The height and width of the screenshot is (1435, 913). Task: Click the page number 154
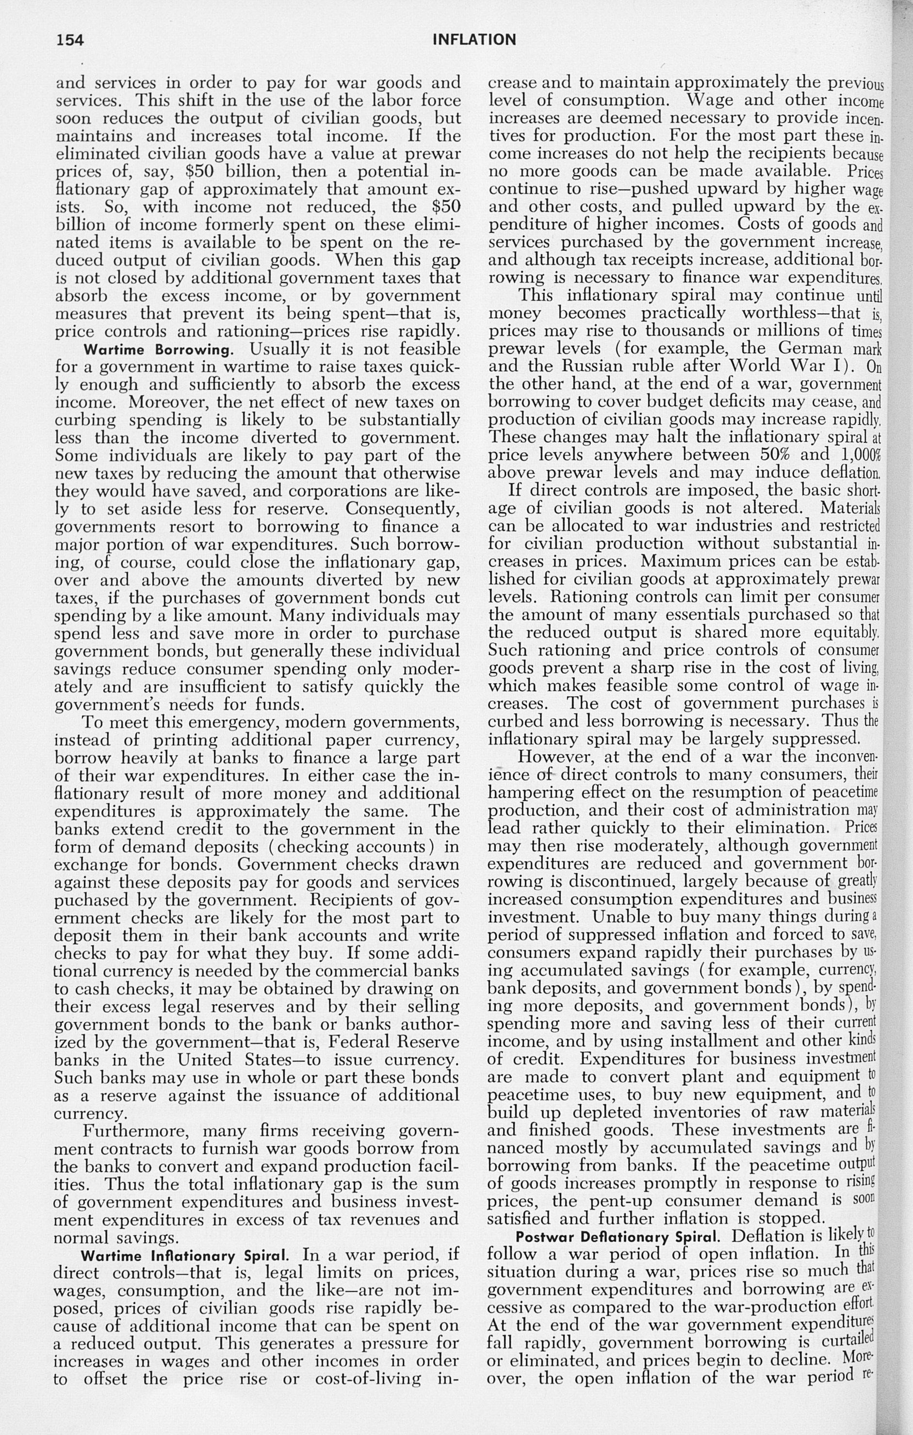tap(70, 40)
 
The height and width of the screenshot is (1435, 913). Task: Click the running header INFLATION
tap(474, 40)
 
